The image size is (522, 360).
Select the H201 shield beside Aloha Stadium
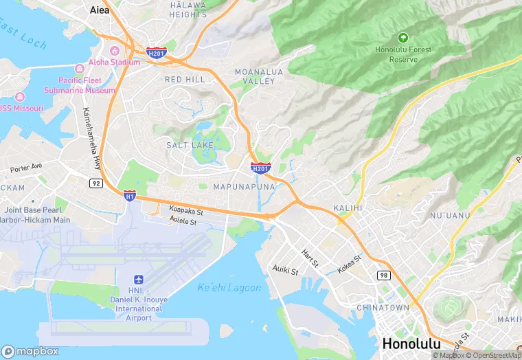[156, 52]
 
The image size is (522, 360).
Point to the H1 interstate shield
[130, 196]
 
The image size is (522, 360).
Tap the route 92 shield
[95, 183]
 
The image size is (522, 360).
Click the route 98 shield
[383, 275]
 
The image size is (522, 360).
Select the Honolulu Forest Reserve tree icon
[402, 37]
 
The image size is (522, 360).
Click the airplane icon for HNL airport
[139, 280]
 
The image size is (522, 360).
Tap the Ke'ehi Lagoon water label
[229, 287]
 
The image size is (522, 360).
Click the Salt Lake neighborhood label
[190, 145]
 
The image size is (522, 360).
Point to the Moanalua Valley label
[255, 76]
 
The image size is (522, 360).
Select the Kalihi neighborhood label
[348, 207]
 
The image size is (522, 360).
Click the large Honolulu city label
[411, 344]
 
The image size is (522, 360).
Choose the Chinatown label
[382, 308]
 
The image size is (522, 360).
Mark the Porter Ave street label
[26, 166]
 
